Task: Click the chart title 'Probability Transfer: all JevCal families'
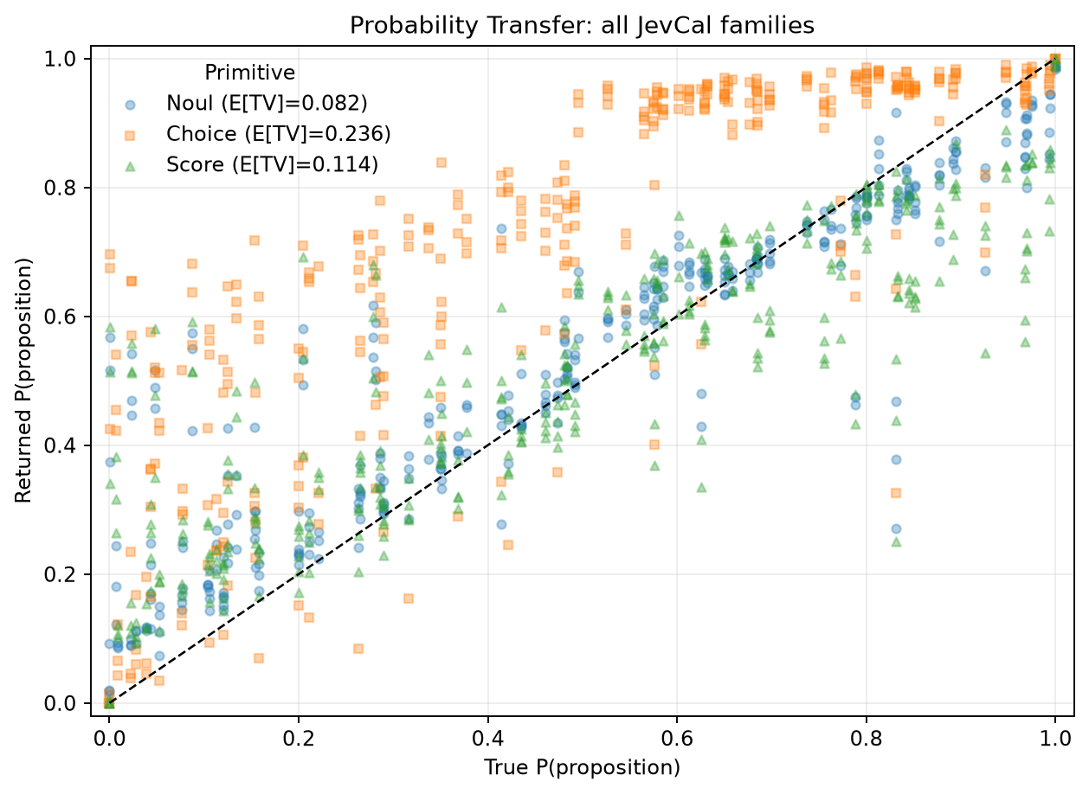[x=582, y=25]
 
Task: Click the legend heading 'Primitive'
[x=249, y=73]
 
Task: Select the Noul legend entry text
[x=267, y=104]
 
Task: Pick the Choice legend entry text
[x=278, y=134]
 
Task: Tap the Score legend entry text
[x=272, y=164]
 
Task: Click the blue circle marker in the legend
[x=130, y=105]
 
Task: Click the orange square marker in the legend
[x=130, y=136]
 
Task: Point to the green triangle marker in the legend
[x=130, y=166]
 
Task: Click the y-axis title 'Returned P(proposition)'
[x=23, y=381]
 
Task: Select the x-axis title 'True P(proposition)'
[x=582, y=768]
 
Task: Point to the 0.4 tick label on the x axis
[x=487, y=739]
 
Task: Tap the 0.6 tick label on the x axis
[x=676, y=739]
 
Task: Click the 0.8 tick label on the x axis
[x=866, y=739]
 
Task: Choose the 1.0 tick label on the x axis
[x=1054, y=739]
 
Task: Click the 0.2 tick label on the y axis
[x=61, y=574]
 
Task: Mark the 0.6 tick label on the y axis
[x=61, y=317]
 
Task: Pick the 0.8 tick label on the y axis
[x=61, y=188]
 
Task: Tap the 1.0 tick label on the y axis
[x=61, y=59]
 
